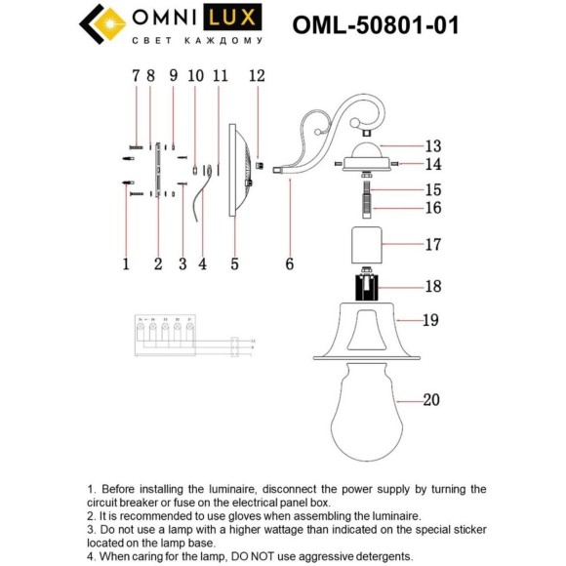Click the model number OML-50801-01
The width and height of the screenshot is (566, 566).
point(376,25)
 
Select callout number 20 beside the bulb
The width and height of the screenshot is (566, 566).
point(433,399)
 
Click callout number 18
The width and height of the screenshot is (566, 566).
point(433,287)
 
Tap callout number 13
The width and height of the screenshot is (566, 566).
point(433,143)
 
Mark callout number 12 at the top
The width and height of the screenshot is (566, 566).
point(257,75)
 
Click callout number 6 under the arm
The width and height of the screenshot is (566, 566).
point(289,263)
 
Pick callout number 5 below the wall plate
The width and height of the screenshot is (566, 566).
point(234,263)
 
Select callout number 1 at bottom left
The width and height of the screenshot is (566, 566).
point(126,263)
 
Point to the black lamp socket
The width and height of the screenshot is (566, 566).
point(369,288)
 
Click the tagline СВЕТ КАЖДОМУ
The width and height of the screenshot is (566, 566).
point(196,41)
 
